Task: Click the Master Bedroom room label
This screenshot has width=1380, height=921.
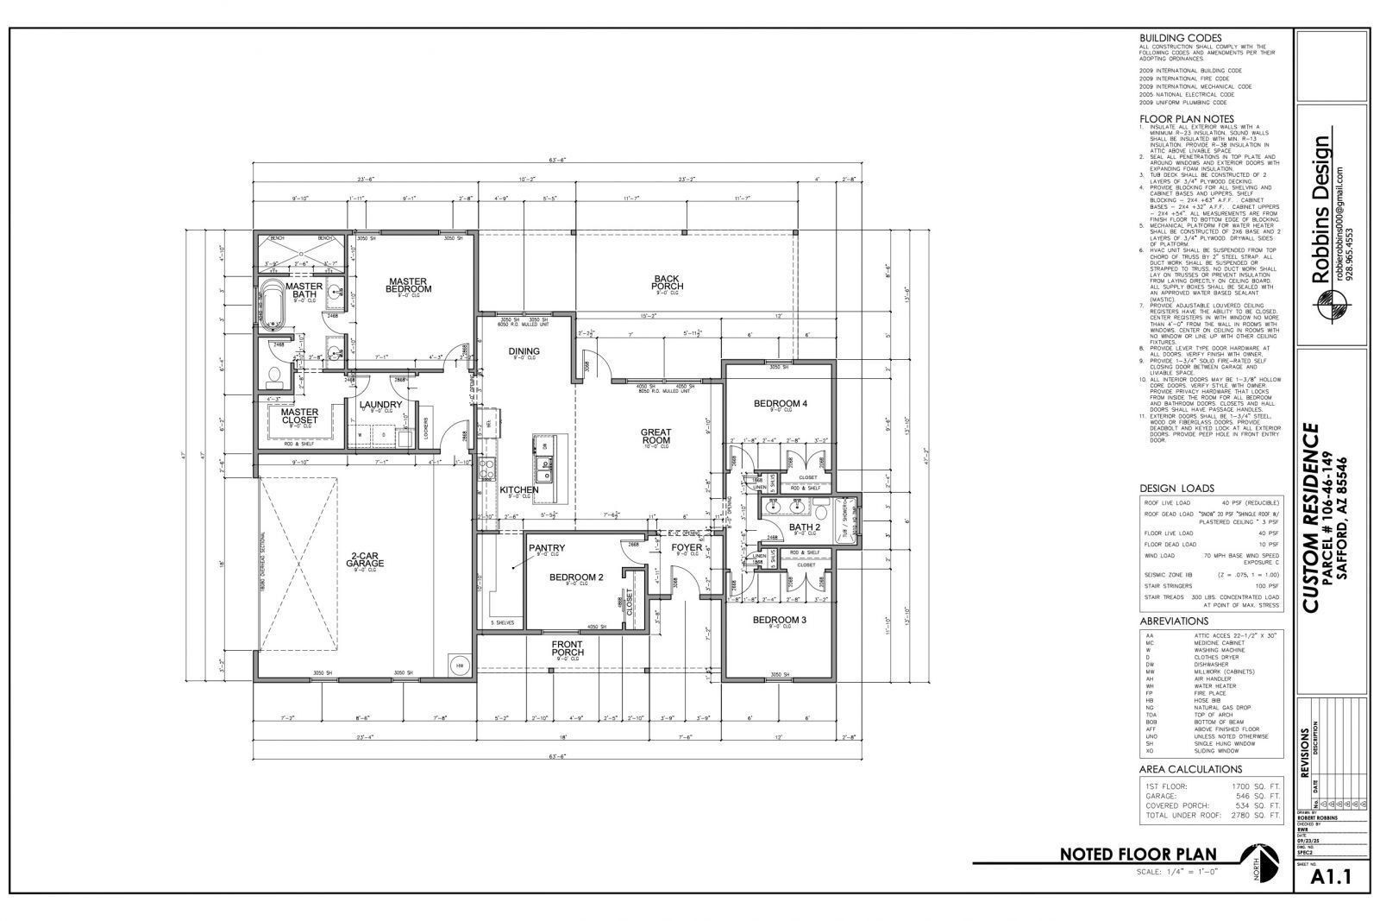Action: [409, 285]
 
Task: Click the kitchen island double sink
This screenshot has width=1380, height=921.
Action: [545, 471]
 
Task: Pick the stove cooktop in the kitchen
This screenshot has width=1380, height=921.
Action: [486, 470]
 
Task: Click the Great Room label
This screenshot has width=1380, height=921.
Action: [655, 436]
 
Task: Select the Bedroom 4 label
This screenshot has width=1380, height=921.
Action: [780, 403]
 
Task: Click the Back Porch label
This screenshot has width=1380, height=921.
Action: [667, 282]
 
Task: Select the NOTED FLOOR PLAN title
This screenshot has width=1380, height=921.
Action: [1138, 855]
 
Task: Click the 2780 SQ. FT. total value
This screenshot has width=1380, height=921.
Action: [1256, 815]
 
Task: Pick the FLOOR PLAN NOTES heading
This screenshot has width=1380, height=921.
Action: [1186, 118]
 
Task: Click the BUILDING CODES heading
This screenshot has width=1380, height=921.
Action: [1180, 38]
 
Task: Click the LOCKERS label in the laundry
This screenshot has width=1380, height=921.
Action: [426, 424]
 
